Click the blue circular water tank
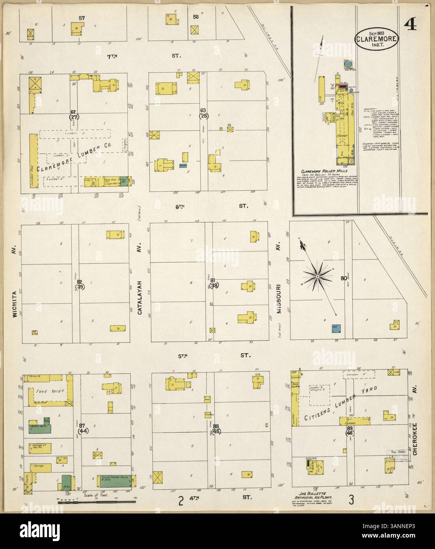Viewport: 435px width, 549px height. click(347, 64)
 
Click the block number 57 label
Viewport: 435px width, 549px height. click(82, 18)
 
